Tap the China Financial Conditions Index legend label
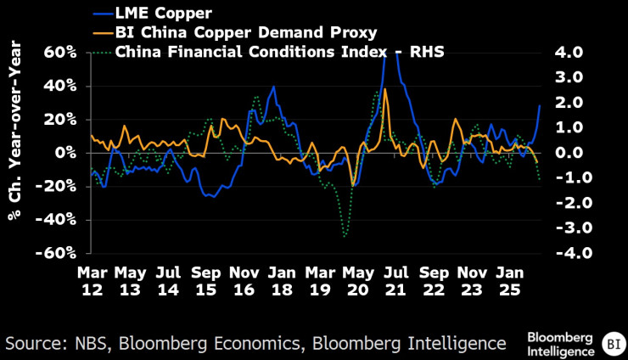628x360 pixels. (x=279, y=53)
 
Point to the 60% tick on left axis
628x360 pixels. (x=60, y=53)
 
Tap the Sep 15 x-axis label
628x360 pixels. (x=207, y=281)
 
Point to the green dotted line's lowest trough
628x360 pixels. (x=345, y=235)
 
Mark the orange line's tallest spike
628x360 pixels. (x=386, y=88)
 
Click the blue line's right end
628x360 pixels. (x=540, y=105)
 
